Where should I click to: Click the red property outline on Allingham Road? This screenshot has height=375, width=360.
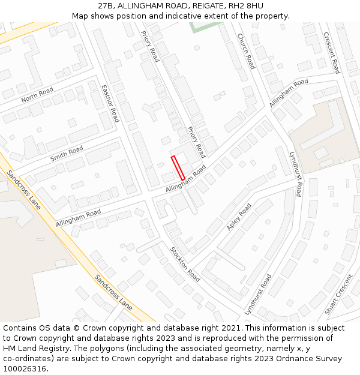(x=178, y=168)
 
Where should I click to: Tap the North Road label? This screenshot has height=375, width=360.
(x=37, y=95)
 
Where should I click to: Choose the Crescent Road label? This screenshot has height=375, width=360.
(x=332, y=53)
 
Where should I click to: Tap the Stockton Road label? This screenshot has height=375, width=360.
(x=185, y=264)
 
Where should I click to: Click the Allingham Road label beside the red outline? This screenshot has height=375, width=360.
(x=187, y=178)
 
